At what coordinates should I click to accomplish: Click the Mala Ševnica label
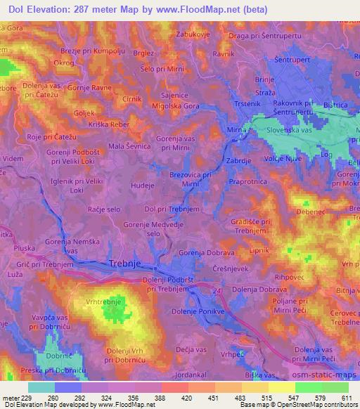point(129,146)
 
